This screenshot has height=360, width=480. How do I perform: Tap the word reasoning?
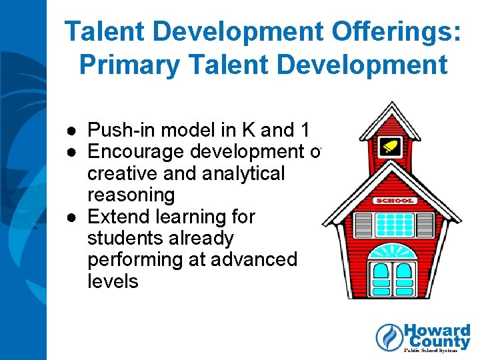click(131, 195)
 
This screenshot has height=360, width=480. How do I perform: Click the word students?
click(126, 238)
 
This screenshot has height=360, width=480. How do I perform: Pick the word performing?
click(137, 259)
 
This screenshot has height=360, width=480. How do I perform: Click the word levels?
click(113, 281)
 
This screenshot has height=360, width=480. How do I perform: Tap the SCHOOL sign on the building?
click(396, 200)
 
